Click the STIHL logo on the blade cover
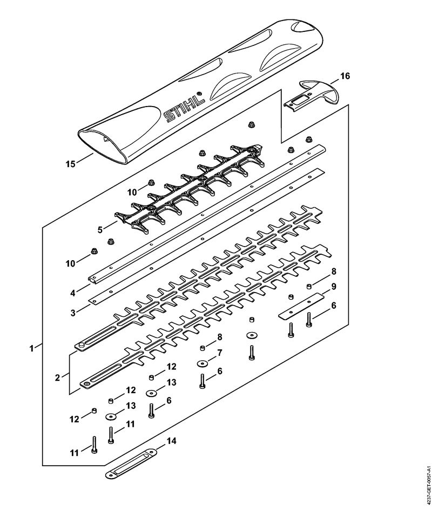click(184, 106)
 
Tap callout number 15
click(71, 164)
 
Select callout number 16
click(345, 76)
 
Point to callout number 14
click(172, 441)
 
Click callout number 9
click(333, 287)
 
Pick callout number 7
click(220, 353)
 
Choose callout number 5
click(100, 230)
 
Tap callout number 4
click(73, 293)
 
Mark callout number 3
click(73, 313)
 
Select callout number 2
click(57, 378)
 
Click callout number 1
click(31, 349)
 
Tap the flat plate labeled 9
click(302, 306)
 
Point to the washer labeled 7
click(202, 363)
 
